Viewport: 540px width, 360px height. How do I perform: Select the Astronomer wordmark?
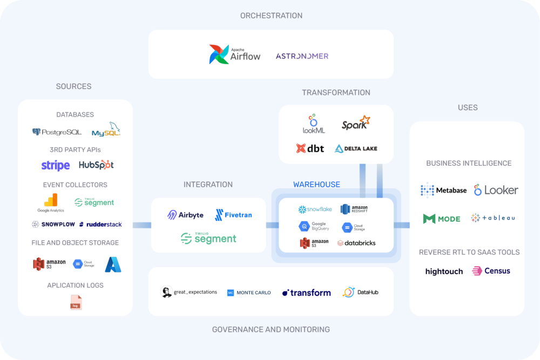[302, 56]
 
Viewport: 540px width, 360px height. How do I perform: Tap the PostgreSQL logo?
[57, 132]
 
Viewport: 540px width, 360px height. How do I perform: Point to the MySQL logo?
[105, 131]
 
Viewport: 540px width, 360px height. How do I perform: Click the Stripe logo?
[56, 165]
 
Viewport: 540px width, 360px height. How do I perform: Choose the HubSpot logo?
[96, 165]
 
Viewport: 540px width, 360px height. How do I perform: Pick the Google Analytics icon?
[51, 203]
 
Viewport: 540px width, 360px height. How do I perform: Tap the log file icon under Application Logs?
[76, 302]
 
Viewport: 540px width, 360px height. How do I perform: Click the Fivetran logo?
[233, 215]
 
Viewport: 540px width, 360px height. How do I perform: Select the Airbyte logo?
[185, 215]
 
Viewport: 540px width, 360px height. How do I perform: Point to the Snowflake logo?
[315, 209]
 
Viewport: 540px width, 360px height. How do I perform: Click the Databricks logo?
[356, 243]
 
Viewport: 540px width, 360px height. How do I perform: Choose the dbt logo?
[310, 148]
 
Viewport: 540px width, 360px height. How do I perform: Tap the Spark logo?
[356, 124]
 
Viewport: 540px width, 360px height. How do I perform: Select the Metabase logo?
[443, 190]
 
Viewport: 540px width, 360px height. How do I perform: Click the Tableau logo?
[492, 218]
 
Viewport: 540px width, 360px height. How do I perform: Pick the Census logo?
[491, 271]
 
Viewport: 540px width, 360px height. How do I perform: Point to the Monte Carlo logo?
[249, 293]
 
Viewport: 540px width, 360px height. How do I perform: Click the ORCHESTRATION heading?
[271, 16]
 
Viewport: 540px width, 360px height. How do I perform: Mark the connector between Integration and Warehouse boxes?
[272, 225]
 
